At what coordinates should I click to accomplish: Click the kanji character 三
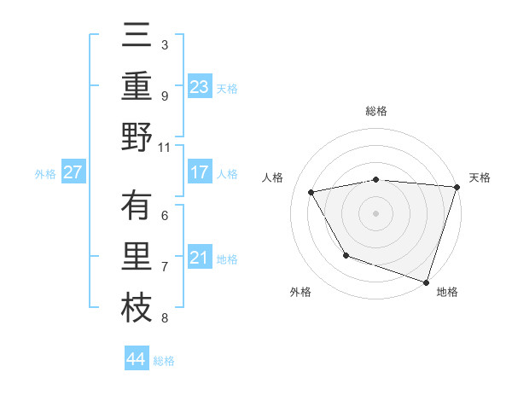pyautogui.click(x=137, y=38)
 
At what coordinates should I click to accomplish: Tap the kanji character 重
pyautogui.click(x=137, y=86)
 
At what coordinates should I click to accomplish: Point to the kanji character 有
pyautogui.click(x=137, y=207)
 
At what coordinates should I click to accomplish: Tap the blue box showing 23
pyautogui.click(x=199, y=86)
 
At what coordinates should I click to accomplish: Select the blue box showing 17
pyautogui.click(x=199, y=172)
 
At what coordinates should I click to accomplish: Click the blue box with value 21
pyautogui.click(x=199, y=258)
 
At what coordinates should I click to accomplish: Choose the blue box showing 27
pyautogui.click(x=73, y=172)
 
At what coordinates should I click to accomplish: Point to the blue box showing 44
pyautogui.click(x=136, y=359)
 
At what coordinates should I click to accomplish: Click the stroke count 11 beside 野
pyautogui.click(x=165, y=147)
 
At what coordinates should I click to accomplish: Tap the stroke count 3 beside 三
pyautogui.click(x=165, y=44)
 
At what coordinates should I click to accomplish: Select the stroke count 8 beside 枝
pyautogui.click(x=165, y=318)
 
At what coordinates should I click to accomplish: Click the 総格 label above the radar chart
pyautogui.click(x=376, y=111)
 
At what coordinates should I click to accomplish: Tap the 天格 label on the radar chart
pyautogui.click(x=480, y=177)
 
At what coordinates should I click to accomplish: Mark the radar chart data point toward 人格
pyautogui.click(x=311, y=192)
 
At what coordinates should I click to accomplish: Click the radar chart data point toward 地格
pyautogui.click(x=426, y=281)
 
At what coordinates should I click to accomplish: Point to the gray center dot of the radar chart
pyautogui.click(x=376, y=212)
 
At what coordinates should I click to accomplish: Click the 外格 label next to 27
pyautogui.click(x=45, y=173)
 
